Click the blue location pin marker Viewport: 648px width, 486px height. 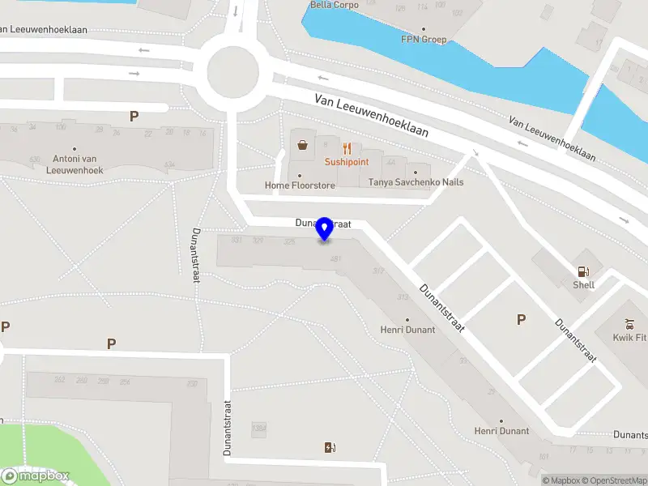(325, 229)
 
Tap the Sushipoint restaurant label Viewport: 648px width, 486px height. (347, 162)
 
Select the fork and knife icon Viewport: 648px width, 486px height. (347, 148)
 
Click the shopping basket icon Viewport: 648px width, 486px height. (303, 146)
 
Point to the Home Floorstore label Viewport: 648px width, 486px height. (300, 185)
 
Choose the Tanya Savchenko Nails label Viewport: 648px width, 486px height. (416, 182)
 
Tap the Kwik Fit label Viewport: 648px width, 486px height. (629, 337)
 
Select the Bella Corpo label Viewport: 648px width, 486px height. (335, 5)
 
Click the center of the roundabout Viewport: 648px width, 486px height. (232, 72)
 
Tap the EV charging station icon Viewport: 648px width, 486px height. (330, 447)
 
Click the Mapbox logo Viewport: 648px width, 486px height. (35, 475)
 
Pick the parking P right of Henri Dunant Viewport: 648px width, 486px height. (521, 320)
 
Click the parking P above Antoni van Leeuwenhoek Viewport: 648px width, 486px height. (134, 116)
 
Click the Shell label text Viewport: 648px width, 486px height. (583, 285)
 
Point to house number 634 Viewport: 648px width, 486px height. (169, 164)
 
